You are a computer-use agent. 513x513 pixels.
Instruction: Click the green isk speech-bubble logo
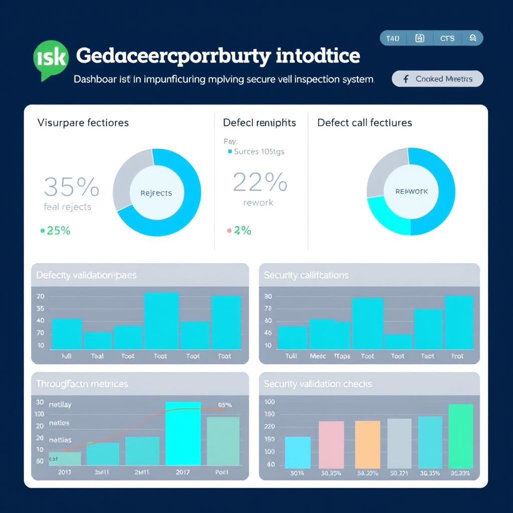pos(50,59)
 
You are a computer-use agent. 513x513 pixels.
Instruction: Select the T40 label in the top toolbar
pos(393,39)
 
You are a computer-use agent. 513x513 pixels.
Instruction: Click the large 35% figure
pos(71,187)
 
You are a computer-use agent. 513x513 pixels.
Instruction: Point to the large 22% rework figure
pos(260,182)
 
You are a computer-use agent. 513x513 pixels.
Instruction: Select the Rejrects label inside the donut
pos(156,193)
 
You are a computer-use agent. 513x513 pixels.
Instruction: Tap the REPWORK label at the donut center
pos(411,191)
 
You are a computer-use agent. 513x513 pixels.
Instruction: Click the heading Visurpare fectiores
pos(83,123)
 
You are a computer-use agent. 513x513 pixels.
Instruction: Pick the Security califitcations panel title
pos(306,275)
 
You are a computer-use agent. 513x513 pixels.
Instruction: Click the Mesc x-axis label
pos(318,356)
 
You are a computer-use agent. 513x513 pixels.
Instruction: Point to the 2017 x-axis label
pos(182,472)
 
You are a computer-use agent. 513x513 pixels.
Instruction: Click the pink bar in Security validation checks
pos(331,444)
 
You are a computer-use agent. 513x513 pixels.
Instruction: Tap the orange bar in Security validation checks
pos(368,444)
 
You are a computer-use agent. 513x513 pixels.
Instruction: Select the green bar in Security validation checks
pos(460,436)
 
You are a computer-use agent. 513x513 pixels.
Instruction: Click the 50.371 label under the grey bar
pos(399,472)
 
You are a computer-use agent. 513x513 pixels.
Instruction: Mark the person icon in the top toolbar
pos(472,39)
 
